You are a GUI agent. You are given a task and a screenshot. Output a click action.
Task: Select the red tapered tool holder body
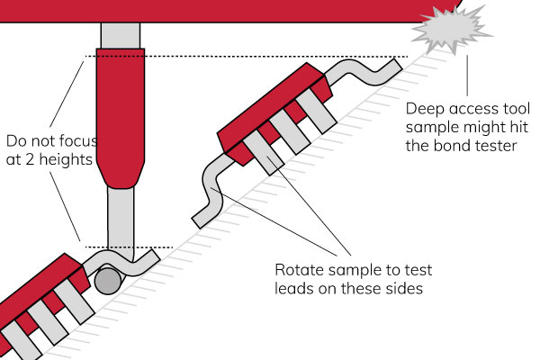tap(120, 117)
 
